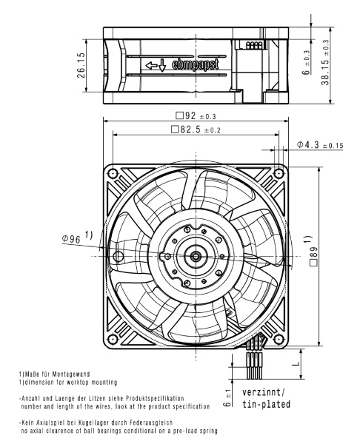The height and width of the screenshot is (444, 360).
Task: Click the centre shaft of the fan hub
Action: point(196,255)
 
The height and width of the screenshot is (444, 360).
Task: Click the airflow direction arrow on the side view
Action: point(157,66)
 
